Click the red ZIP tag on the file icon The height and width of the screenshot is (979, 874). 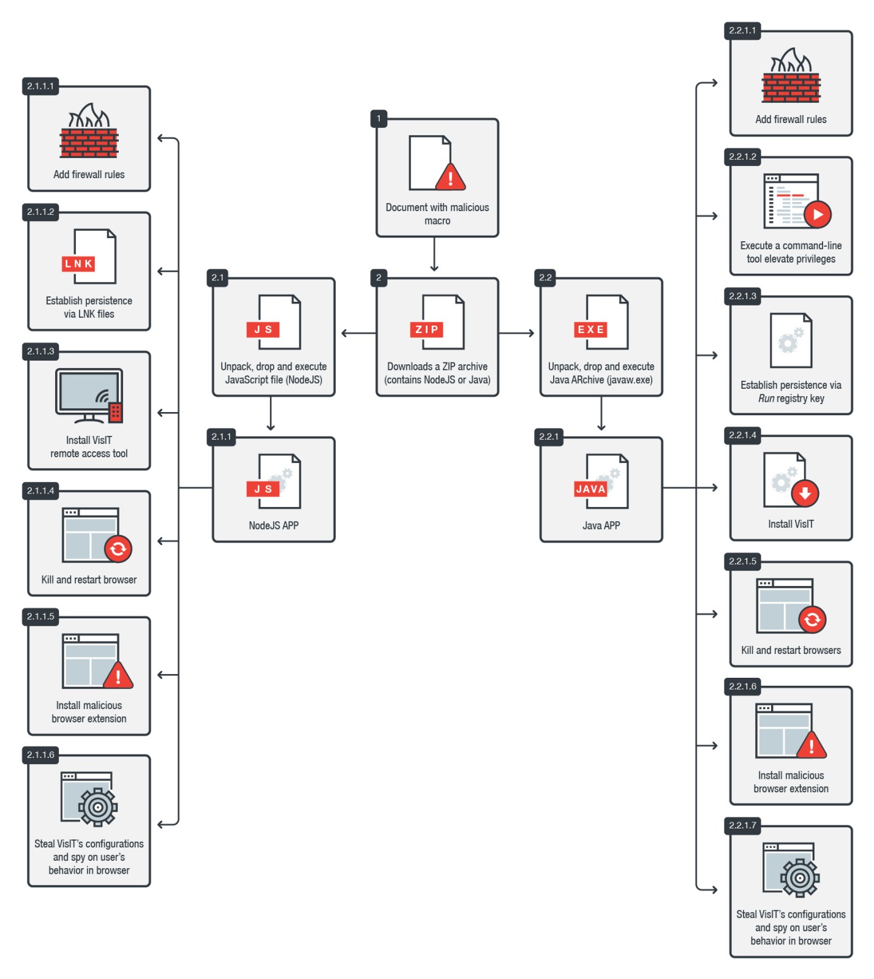[426, 329]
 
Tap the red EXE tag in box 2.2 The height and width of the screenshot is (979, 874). [590, 329]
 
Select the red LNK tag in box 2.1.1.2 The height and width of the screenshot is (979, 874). [78, 264]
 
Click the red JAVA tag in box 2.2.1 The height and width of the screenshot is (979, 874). [590, 489]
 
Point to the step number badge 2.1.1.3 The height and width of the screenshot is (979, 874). [40, 351]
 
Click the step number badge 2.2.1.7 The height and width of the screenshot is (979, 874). [742, 825]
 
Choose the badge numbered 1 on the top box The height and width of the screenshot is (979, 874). [379, 118]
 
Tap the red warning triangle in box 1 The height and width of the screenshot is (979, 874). [450, 178]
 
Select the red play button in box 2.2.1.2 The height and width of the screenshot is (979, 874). [818, 214]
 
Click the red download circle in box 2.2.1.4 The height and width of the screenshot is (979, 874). [805, 493]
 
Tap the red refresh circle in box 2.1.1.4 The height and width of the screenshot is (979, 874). [118, 549]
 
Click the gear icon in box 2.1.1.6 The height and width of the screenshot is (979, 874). [97, 808]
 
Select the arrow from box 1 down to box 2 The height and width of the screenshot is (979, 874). [434, 255]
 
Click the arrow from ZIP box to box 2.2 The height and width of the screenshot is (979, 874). [517, 333]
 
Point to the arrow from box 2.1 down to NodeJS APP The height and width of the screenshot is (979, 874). [271, 414]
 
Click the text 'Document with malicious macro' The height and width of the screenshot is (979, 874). [437, 214]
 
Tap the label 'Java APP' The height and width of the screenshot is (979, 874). [601, 525]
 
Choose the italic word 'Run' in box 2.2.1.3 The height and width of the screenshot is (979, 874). [766, 399]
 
